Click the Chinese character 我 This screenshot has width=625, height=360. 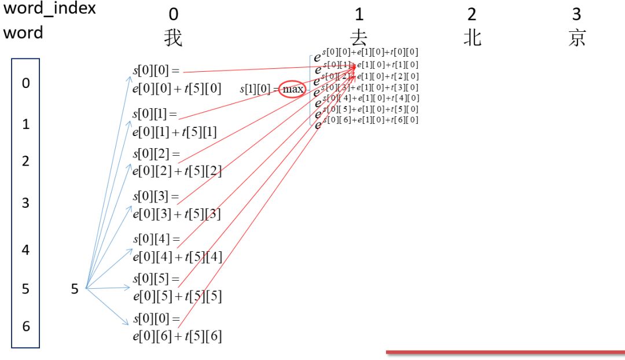(x=174, y=38)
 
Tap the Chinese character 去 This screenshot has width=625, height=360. (x=359, y=38)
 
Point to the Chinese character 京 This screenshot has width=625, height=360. (x=576, y=38)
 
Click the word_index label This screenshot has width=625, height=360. (x=50, y=10)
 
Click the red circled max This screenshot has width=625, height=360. (x=293, y=90)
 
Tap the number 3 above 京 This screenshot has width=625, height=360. (x=576, y=13)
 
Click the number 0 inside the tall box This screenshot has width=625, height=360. (x=25, y=83)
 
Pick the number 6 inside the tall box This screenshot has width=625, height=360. (x=25, y=326)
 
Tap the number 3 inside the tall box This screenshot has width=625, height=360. (x=25, y=203)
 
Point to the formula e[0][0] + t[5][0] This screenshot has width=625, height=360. (x=177, y=89)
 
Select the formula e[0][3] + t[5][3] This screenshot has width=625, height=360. (x=177, y=214)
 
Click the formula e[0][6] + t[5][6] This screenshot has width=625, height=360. (x=177, y=336)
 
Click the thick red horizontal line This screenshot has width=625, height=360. (x=505, y=351)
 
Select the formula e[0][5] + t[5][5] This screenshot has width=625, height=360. (x=177, y=296)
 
